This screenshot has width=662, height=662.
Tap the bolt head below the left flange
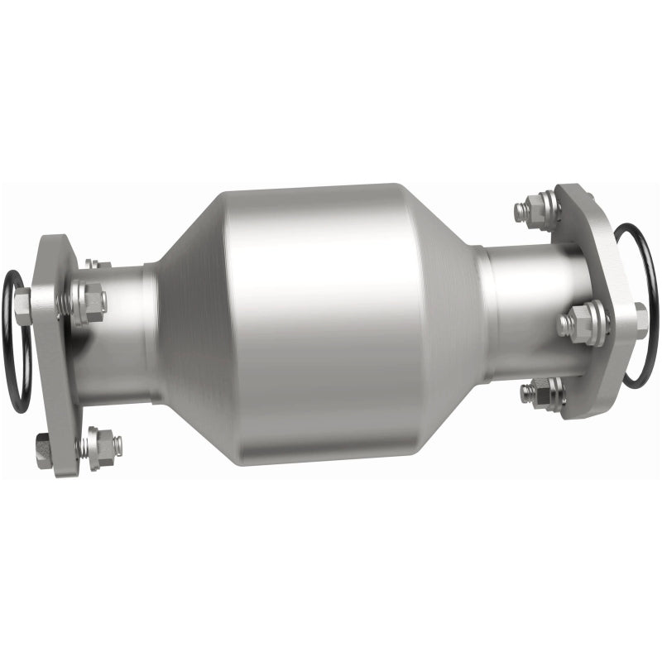coord(44,450)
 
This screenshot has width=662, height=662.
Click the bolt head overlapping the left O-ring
coord(23,305)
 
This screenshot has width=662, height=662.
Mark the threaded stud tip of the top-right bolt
coord(520,211)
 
